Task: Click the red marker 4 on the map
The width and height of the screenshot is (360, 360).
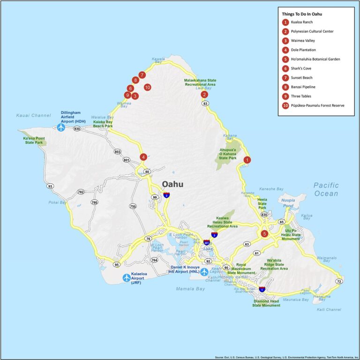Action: (143, 157)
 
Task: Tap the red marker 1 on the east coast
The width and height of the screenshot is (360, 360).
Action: (247, 160)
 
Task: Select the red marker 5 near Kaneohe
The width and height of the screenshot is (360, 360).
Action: (264, 233)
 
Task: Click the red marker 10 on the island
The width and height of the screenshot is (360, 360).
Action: (147, 87)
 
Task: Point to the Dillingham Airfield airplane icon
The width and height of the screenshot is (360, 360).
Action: (61, 127)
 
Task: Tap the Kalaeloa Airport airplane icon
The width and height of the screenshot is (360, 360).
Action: (127, 277)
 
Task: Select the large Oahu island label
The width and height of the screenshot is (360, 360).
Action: (172, 184)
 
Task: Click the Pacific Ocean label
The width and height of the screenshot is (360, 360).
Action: (326, 189)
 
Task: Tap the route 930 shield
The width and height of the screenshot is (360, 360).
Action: (77, 128)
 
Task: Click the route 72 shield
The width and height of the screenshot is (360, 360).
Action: (339, 281)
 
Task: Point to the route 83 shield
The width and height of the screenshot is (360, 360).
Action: (205, 103)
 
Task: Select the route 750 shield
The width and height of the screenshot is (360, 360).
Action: (133, 206)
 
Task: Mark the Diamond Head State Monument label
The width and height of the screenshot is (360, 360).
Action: (266, 303)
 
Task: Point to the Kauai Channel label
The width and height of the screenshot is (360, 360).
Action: (33, 115)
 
